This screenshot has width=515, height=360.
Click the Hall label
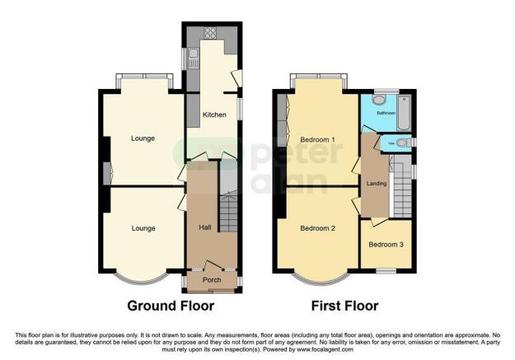(205, 227)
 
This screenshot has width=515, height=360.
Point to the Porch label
(212, 280)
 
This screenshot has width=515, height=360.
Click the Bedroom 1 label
(317, 139)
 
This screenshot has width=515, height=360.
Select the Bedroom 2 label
(317, 227)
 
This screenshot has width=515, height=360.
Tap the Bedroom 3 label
(385, 245)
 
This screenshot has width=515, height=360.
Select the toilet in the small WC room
(400, 143)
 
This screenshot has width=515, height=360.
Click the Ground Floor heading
(171, 306)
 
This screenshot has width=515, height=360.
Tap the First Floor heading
(344, 306)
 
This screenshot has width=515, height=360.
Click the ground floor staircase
(229, 210)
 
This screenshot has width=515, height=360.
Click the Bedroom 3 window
(385, 270)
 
